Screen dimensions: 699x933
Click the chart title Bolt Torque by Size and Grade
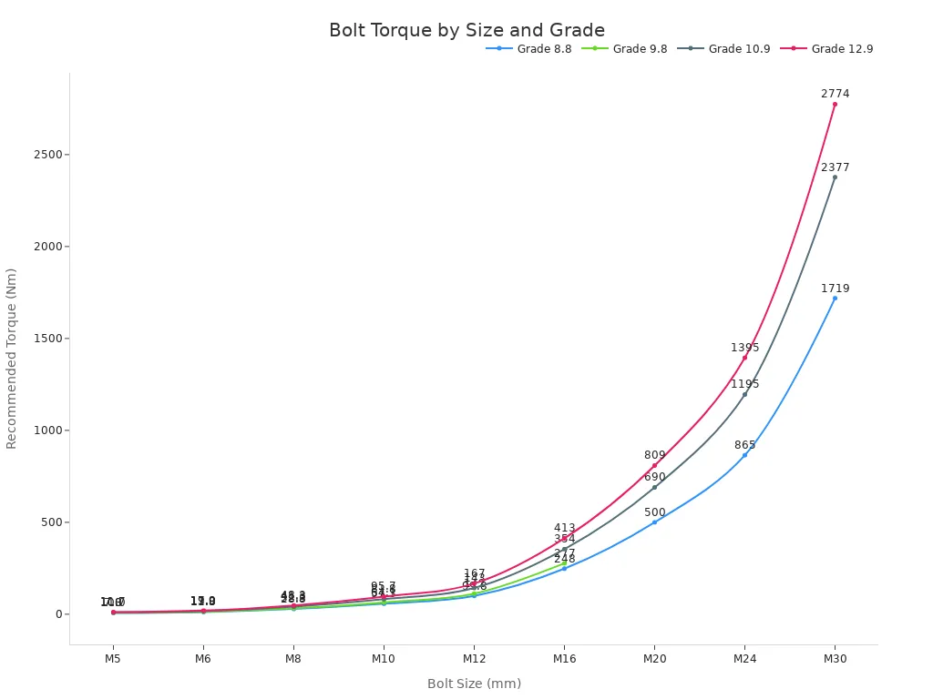coord(466,31)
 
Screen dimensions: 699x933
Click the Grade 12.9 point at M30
coord(835,104)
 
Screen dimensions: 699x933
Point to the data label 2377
coord(835,167)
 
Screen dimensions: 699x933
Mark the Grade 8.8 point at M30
coord(835,298)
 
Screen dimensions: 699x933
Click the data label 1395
coord(744,348)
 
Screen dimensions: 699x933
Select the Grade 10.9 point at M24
coord(744,394)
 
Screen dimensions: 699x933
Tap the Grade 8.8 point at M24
coord(744,455)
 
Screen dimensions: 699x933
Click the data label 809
coord(654,455)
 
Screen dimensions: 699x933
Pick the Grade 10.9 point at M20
coord(654,487)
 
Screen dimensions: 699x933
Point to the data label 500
coord(654,512)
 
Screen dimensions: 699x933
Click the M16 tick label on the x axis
coord(564,658)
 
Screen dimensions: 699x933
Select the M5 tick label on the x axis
coord(113,658)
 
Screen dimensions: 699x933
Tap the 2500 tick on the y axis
coord(49,155)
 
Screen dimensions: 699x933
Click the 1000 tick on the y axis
coord(49,431)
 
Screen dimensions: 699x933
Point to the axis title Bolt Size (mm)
coord(474,684)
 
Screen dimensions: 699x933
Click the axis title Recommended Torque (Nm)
coord(12,358)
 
